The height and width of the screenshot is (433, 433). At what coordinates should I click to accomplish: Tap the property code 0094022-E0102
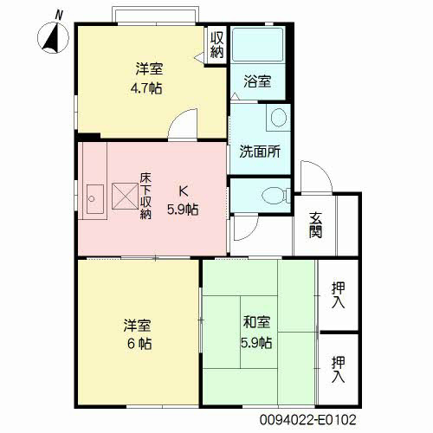[307, 420]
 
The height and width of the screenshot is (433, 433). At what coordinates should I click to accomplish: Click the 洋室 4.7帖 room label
[148, 78]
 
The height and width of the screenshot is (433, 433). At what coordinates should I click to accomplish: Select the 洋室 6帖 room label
[138, 334]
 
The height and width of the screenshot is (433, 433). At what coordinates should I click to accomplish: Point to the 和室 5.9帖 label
[256, 332]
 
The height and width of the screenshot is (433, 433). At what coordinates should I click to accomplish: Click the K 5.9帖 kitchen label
[183, 200]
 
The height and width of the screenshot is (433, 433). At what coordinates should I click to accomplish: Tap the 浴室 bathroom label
[257, 81]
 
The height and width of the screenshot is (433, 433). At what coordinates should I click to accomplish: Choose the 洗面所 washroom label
[260, 151]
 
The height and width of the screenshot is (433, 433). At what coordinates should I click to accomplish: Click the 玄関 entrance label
[315, 225]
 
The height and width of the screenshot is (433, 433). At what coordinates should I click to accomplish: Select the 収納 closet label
[216, 45]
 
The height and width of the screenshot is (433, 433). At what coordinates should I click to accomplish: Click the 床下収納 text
[145, 197]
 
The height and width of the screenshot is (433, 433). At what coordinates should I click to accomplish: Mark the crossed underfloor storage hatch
[125, 196]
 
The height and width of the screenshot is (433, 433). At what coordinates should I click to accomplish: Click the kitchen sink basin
[95, 199]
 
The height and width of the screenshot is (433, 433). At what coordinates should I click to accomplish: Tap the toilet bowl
[273, 195]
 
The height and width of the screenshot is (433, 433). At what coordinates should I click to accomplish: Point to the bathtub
[257, 44]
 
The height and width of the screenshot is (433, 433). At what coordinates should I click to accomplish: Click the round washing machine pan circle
[279, 118]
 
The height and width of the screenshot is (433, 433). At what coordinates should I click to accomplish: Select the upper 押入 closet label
[338, 294]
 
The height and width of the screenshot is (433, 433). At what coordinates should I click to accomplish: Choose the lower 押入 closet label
[338, 369]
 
